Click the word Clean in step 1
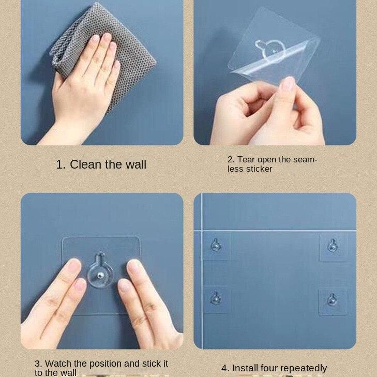click(85, 164)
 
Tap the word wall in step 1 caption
click(136, 164)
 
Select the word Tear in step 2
click(247, 160)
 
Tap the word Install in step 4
click(245, 368)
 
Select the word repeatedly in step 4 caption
click(304, 369)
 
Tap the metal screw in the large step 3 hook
click(100, 275)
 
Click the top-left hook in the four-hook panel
click(216, 245)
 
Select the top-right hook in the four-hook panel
click(333, 246)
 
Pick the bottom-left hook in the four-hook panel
click(216, 298)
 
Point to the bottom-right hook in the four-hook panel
click(333, 299)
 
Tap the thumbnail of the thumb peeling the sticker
click(288, 83)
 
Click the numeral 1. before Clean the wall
click(61, 165)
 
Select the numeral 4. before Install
click(225, 368)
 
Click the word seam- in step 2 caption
click(305, 160)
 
